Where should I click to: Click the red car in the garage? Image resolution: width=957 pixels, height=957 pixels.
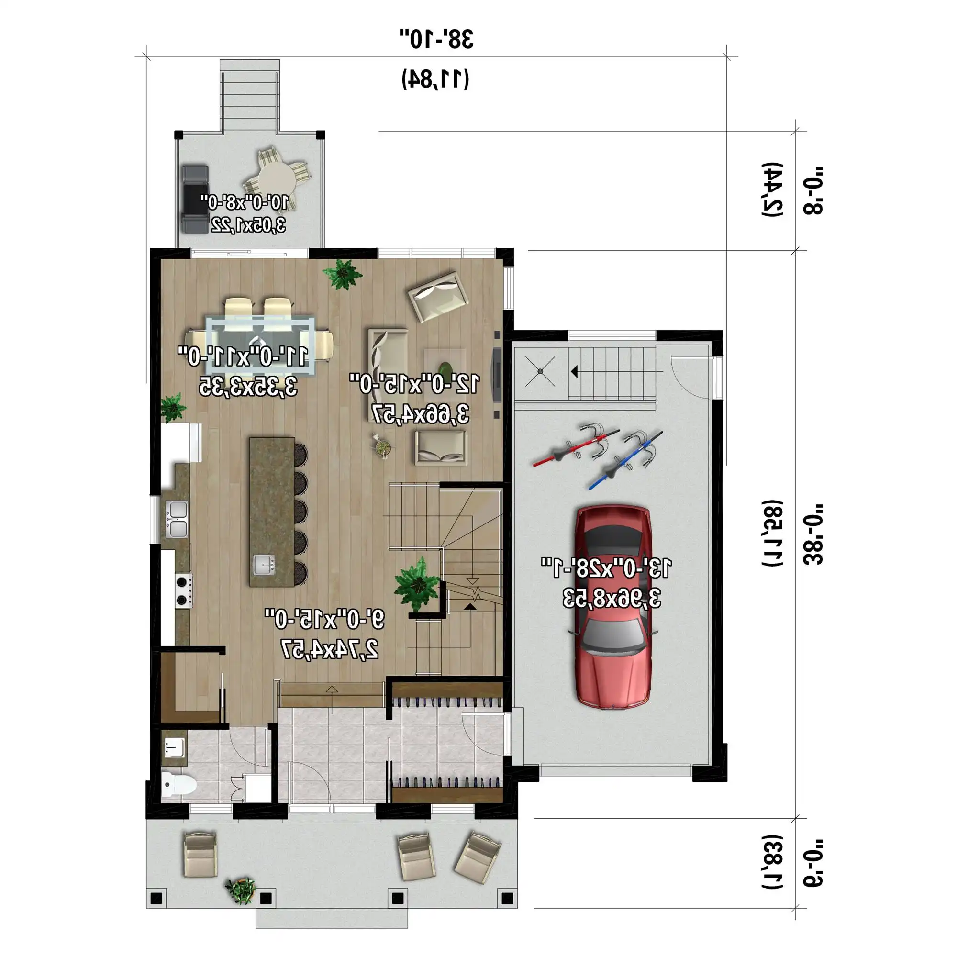tap(613, 607)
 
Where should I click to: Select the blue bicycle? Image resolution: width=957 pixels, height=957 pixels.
tap(625, 460)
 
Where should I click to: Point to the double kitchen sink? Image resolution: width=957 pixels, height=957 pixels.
tap(177, 519)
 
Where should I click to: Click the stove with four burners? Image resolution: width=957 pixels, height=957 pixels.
tap(184, 590)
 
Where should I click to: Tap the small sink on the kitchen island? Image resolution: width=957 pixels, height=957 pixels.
tap(264, 564)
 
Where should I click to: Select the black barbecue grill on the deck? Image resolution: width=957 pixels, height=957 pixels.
tap(195, 199)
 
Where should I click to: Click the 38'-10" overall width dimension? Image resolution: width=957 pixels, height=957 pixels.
tap(436, 39)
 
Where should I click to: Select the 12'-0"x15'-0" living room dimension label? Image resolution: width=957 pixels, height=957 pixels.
tap(414, 384)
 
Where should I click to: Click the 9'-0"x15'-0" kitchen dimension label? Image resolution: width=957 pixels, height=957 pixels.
tap(324, 619)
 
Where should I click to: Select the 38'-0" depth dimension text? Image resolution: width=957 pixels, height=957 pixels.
tap(812, 535)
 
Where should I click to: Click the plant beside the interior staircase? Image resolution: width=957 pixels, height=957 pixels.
tap(417, 584)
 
